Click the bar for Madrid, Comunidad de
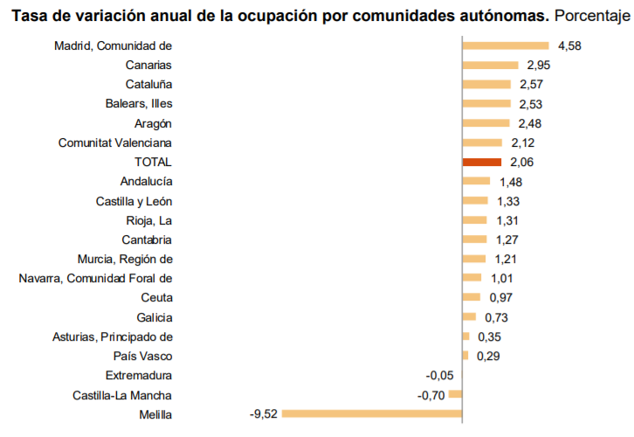click(x=505, y=45)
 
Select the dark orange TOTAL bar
click(x=481, y=162)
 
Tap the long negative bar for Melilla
click(x=371, y=413)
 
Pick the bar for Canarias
click(x=491, y=65)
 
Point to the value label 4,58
click(x=569, y=45)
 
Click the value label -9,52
click(x=263, y=414)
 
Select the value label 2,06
click(x=521, y=162)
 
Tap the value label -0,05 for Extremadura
click(x=439, y=375)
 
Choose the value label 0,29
click(x=488, y=356)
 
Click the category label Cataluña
click(x=148, y=85)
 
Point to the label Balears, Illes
click(x=138, y=104)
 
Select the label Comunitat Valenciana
click(x=114, y=142)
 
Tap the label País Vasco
click(x=142, y=356)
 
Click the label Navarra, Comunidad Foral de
click(x=95, y=278)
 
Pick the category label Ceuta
click(x=155, y=298)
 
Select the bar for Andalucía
click(x=476, y=181)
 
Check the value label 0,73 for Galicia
click(x=496, y=317)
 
